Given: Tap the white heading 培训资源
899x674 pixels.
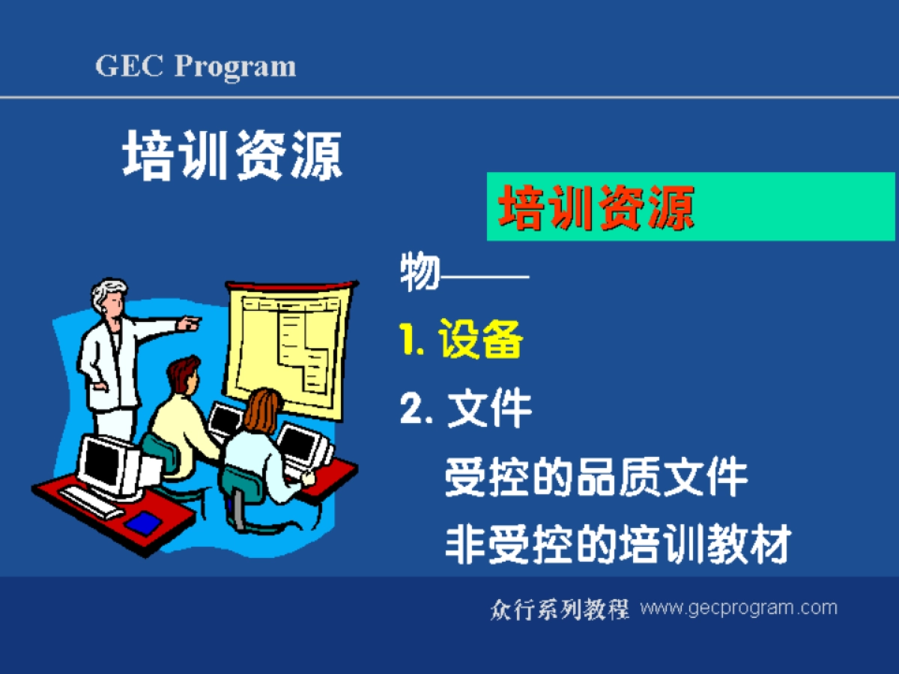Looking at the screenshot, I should point(232,155).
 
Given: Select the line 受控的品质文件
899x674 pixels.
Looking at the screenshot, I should point(596,477).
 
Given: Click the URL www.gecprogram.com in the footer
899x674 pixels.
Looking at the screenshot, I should point(738,607).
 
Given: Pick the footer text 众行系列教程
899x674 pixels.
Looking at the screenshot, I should point(559,609).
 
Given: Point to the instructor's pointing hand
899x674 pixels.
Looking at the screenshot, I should point(190,324).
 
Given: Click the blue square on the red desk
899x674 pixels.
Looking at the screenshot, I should point(142,522).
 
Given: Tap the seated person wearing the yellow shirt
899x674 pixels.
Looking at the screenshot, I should point(180,419).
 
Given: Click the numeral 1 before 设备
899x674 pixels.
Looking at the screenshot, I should point(408,341).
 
